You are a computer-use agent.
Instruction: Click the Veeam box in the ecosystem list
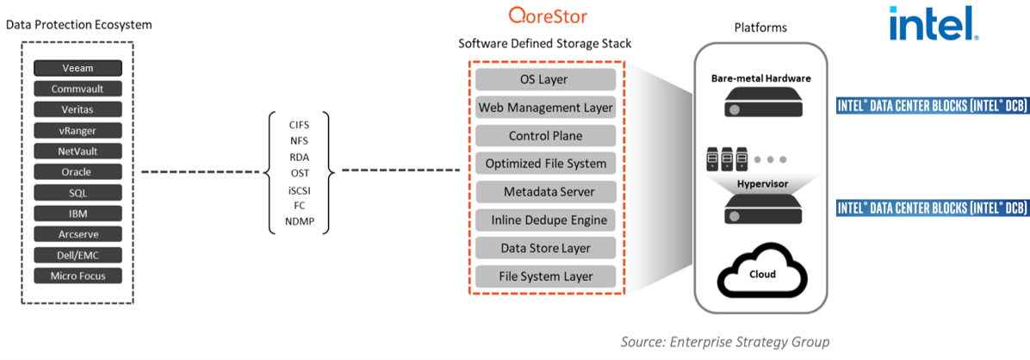tap(78, 68)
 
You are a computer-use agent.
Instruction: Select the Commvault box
tap(78, 89)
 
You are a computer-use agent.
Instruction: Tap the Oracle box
tap(78, 172)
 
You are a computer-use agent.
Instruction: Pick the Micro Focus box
tap(78, 276)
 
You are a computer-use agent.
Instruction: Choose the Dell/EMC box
tap(78, 255)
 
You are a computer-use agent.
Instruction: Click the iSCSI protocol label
tap(298, 189)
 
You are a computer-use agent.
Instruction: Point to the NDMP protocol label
tap(300, 221)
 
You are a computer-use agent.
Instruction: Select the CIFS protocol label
tap(298, 124)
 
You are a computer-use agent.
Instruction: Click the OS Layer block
tap(544, 79)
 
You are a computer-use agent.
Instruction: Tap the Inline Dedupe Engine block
tap(544, 220)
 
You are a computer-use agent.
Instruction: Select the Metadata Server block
tap(544, 192)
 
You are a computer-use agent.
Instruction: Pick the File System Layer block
tap(544, 276)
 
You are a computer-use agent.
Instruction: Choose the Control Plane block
tap(544, 136)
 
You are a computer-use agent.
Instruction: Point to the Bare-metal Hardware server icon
tap(760, 102)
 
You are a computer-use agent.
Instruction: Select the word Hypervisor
tap(760, 185)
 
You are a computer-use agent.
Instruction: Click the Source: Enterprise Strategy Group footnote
tap(725, 342)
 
